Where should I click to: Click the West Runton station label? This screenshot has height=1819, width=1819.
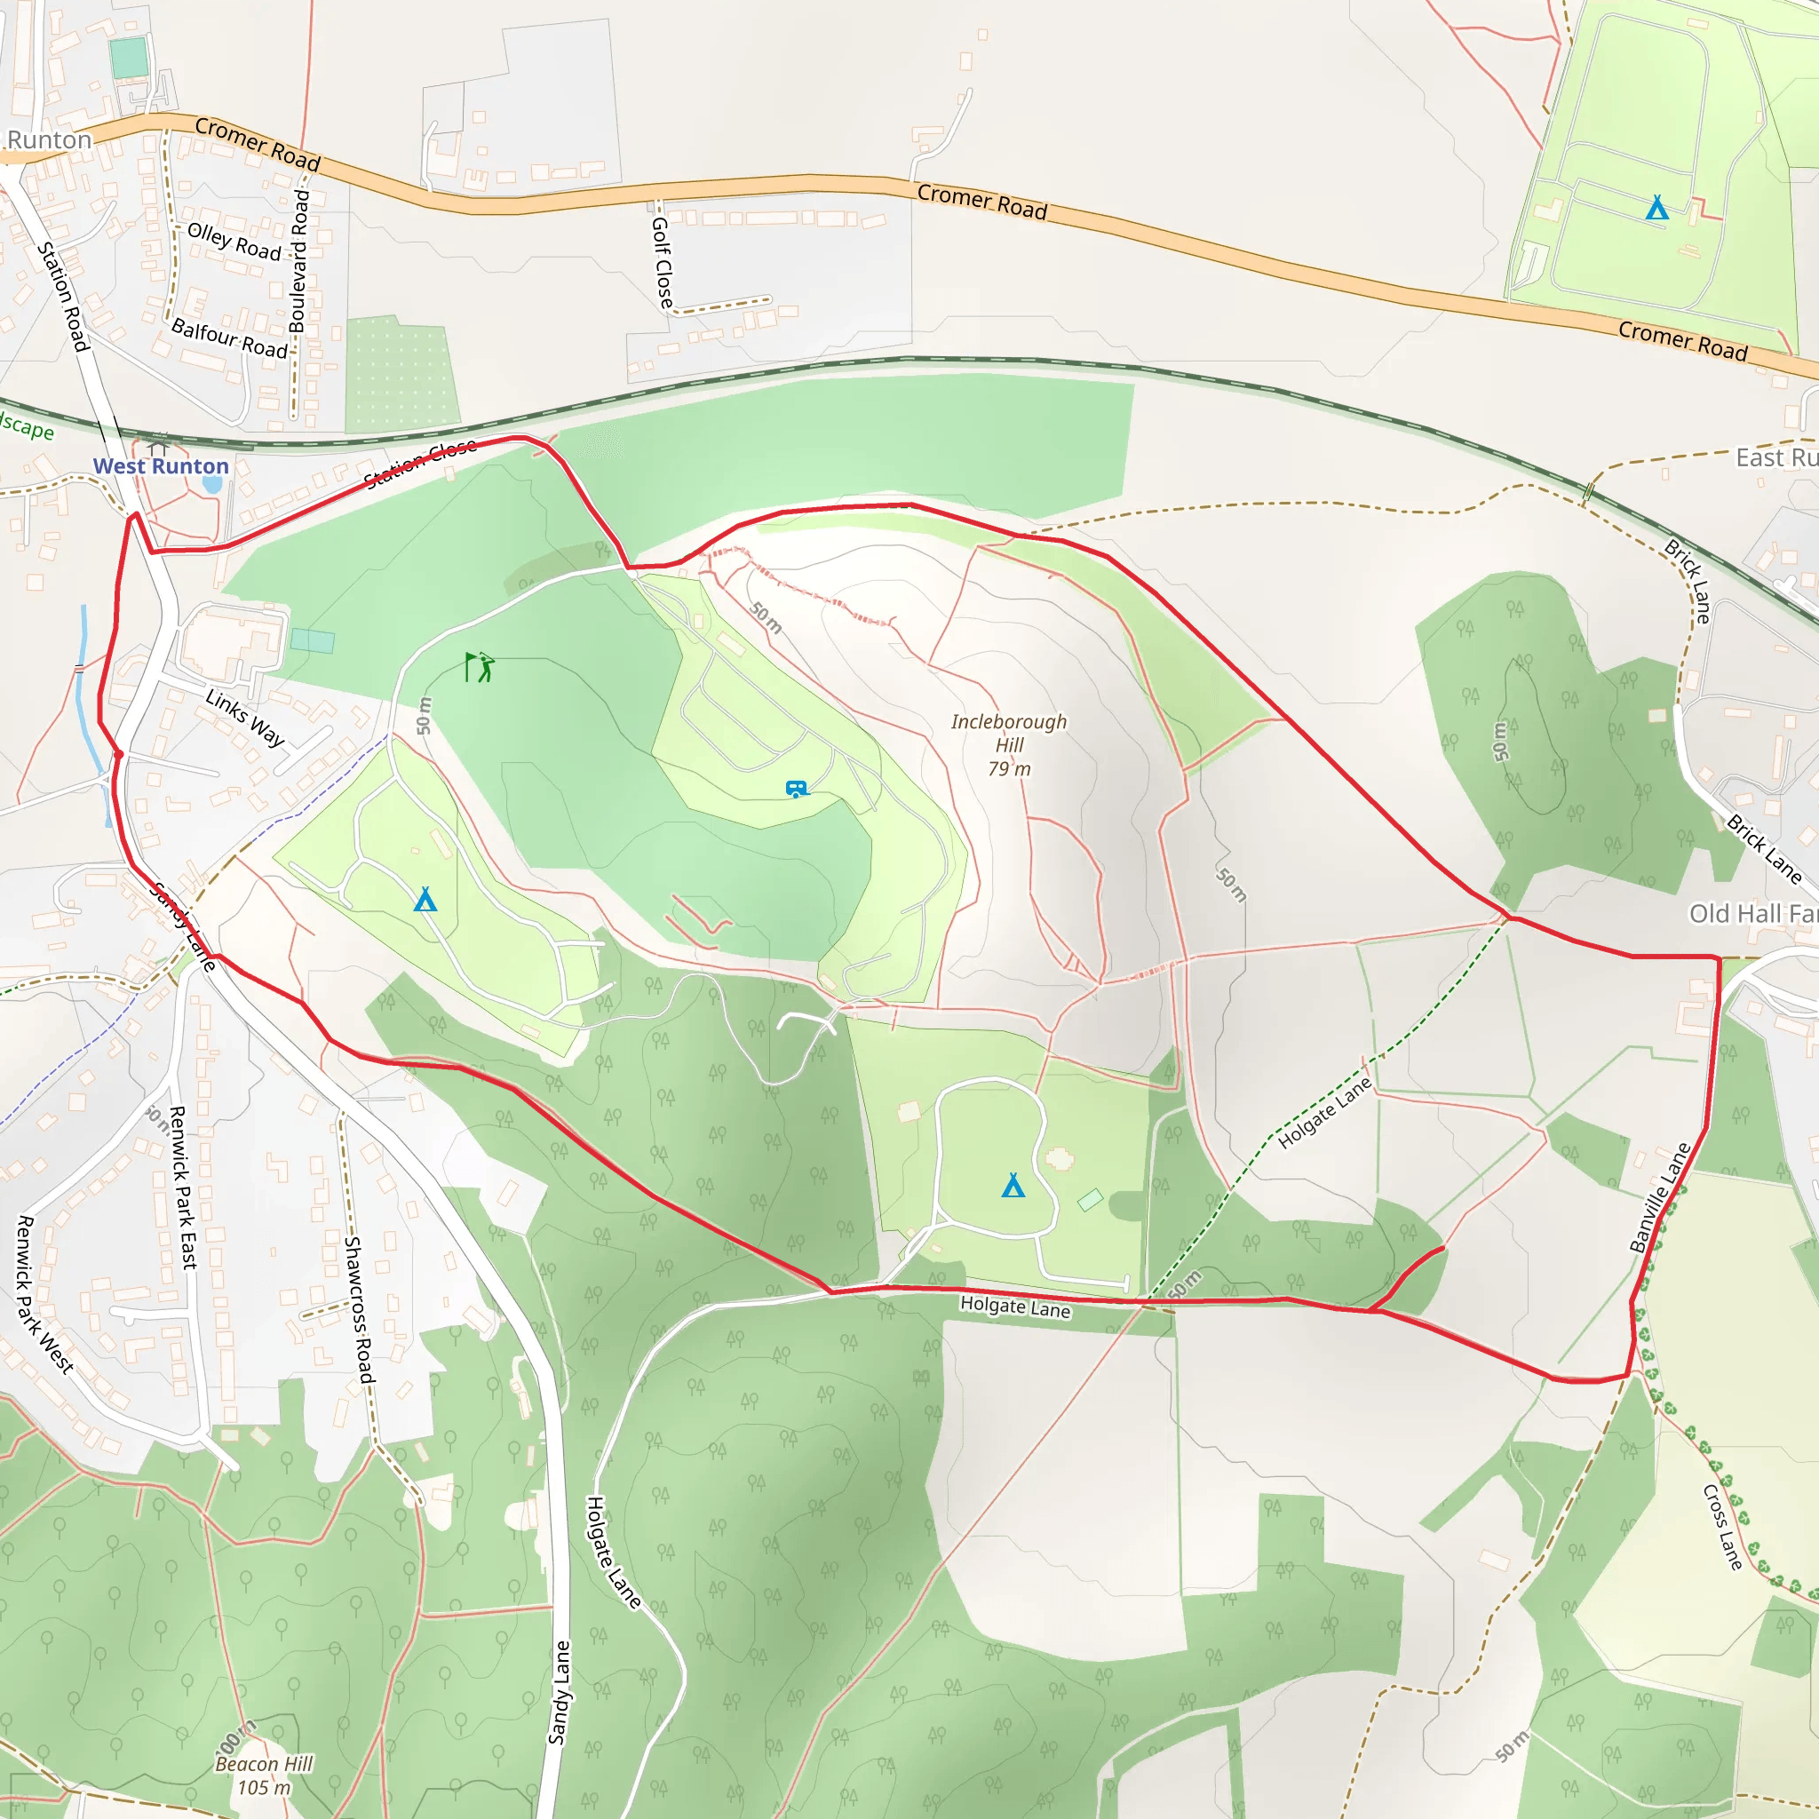click(161, 466)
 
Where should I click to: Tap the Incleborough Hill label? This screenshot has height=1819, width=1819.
click(1008, 744)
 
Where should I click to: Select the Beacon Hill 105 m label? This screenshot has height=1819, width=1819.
click(264, 1775)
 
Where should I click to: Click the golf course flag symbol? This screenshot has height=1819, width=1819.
click(480, 667)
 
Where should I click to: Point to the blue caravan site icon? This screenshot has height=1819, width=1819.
click(797, 789)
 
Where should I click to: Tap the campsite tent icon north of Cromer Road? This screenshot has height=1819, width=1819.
click(1657, 207)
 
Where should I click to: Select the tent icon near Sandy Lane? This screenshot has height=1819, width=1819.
click(425, 900)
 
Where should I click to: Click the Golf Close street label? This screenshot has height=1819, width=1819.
click(663, 262)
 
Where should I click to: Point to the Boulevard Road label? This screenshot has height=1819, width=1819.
click(298, 261)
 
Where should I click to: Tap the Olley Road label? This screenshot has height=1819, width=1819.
click(234, 242)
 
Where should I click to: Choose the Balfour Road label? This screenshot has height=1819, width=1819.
click(230, 339)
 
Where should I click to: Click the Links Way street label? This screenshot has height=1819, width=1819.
click(245, 718)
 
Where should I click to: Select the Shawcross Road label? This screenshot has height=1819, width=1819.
click(359, 1308)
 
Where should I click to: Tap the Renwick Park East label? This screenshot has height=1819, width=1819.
click(183, 1188)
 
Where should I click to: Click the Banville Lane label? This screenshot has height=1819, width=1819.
click(1661, 1197)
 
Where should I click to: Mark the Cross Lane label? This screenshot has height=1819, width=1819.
click(1723, 1526)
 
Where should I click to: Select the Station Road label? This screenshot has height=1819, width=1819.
click(63, 297)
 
